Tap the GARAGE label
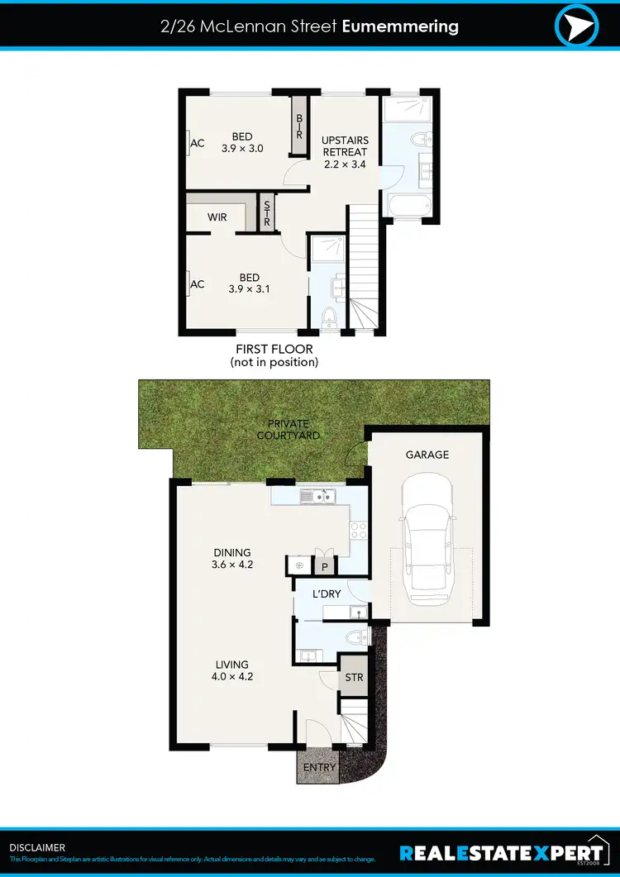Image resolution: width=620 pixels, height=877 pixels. coord(427,455)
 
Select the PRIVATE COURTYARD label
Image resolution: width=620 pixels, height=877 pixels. coord(289,430)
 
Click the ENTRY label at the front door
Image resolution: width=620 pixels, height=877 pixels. coord(319,767)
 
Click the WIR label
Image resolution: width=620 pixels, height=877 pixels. coord(217,217)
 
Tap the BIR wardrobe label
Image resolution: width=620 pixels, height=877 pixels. coord(299,126)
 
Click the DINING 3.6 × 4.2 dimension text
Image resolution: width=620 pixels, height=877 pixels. coord(231,559)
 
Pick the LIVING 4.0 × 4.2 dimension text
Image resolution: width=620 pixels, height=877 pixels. coord(231,670)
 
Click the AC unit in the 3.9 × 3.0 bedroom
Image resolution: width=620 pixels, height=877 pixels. coord(197,143)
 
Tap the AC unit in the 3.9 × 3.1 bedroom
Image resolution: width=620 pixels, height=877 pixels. coord(197,284)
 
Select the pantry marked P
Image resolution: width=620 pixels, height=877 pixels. coord(325,567)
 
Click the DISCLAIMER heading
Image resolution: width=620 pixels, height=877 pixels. coord(37,847)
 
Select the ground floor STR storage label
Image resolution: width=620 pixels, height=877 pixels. coord(354,678)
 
